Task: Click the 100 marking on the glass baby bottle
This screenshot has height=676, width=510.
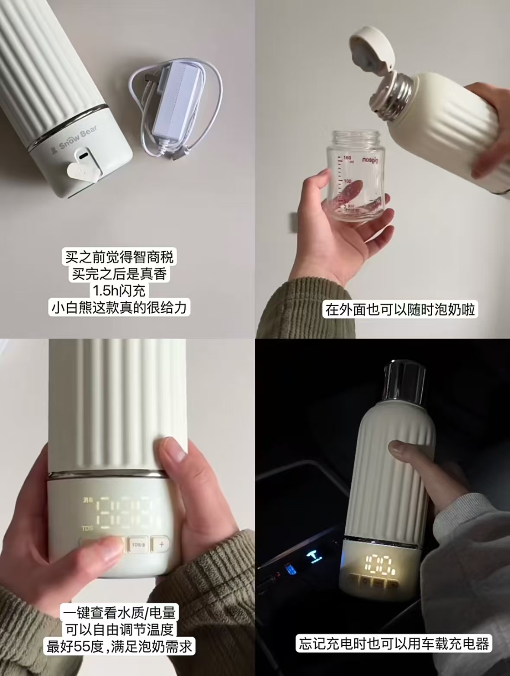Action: point(347,181)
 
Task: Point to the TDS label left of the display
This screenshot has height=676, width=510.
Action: point(87,528)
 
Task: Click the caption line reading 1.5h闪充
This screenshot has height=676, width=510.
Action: point(119,290)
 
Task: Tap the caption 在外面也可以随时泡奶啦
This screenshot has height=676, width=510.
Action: point(400,310)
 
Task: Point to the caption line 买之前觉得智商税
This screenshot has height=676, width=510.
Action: point(119,257)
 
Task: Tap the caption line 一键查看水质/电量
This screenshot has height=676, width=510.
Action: point(119,613)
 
